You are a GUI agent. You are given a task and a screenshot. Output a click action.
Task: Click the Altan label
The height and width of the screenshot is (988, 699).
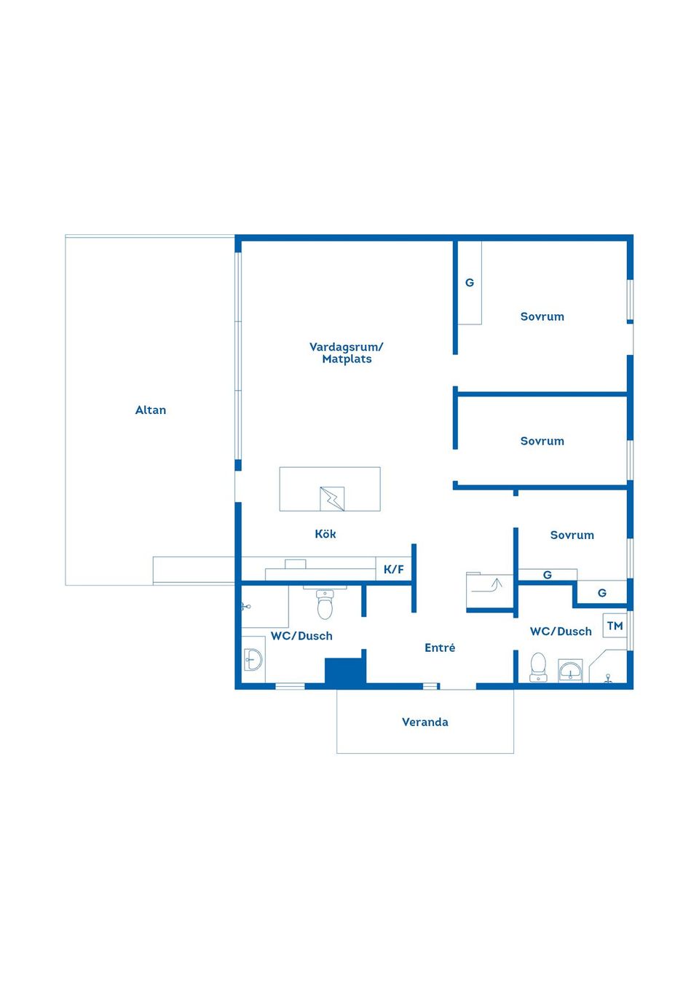coord(151,410)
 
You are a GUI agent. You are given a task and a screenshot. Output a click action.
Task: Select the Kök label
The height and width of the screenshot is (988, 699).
coord(325,534)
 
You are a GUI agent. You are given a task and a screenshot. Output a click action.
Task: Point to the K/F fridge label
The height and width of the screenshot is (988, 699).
coord(394,570)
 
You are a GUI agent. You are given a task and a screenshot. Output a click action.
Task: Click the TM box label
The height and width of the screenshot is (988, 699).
coord(615,626)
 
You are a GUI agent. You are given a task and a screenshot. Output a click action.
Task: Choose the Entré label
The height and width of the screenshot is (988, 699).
coord(440,648)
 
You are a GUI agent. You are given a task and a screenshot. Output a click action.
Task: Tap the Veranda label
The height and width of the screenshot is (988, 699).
coord(425,722)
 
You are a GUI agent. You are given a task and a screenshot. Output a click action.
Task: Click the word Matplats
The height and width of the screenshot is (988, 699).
coord(347,359)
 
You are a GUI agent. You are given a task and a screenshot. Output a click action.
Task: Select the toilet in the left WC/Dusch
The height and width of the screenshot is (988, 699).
coord(325,604)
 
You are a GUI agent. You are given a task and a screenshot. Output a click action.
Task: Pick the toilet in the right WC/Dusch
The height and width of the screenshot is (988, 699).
coord(538,667)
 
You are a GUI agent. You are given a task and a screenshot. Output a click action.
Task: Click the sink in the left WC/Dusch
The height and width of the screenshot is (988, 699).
coord(253,660)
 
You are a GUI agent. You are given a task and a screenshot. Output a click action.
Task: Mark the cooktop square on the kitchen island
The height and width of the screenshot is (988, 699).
coord(332,499)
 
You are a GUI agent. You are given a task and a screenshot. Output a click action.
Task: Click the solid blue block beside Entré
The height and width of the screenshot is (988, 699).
coord(345,672)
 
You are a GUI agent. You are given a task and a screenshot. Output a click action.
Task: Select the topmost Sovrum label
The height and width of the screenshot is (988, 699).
coord(542,316)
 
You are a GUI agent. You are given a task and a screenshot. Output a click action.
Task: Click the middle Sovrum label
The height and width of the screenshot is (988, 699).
coord(542,441)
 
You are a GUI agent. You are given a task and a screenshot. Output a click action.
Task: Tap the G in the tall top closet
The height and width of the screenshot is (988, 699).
coord(470,283)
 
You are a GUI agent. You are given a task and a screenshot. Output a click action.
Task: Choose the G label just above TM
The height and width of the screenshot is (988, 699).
coord(602,593)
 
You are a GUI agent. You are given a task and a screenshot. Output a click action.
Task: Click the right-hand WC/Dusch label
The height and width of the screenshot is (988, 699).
coord(561,632)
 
